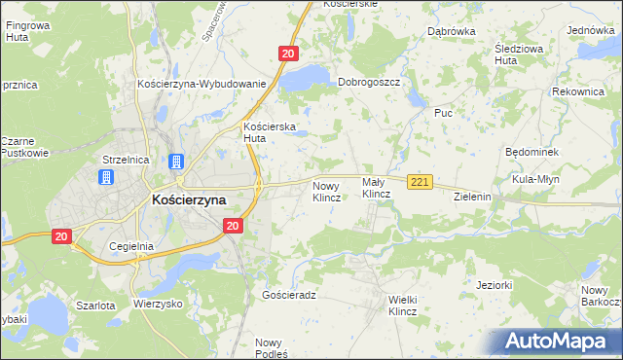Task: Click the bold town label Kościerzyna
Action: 189,199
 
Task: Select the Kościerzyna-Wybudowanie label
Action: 202,84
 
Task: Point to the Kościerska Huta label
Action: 269,132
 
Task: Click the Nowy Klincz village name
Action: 326,190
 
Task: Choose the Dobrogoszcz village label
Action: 370,83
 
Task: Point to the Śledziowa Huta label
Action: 519,53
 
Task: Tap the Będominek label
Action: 531,153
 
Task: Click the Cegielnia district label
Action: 132,246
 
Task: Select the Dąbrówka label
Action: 451,31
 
